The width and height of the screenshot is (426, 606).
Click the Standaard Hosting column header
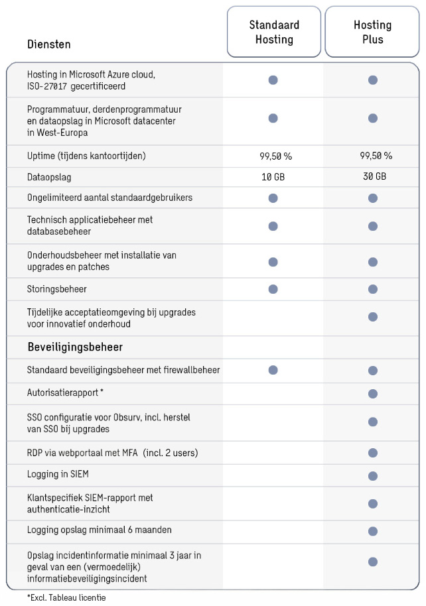274,32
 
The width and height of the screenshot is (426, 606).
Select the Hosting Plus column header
372,32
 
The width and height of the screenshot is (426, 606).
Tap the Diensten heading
48,44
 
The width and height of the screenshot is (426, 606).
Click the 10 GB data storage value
273,177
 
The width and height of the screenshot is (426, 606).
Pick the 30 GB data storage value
374,176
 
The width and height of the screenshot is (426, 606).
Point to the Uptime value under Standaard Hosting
276,156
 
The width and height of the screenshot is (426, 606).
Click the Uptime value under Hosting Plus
376,156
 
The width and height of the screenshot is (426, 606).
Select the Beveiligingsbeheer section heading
75,347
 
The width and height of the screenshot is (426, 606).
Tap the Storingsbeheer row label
57,289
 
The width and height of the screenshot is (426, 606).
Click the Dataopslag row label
49,178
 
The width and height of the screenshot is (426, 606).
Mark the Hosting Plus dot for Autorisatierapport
373,394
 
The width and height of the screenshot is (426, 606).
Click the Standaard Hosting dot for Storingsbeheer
273,289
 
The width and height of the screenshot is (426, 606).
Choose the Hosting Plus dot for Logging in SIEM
373,476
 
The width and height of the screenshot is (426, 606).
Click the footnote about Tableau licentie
66,597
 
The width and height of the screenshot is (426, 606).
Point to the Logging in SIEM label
58,474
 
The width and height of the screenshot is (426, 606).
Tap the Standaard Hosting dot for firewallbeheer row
273,370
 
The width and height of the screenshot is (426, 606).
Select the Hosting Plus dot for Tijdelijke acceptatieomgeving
373,317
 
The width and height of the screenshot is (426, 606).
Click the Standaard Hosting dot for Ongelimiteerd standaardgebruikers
273,198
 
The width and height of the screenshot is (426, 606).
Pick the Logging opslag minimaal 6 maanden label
99,530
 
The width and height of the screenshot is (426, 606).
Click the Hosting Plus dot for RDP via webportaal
373,453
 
